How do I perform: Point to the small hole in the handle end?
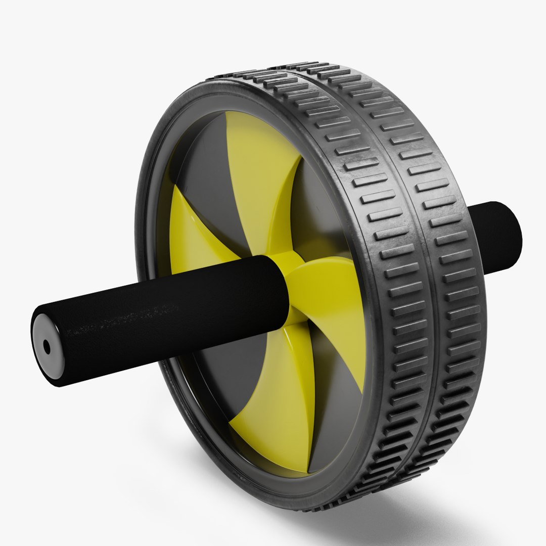47,347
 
